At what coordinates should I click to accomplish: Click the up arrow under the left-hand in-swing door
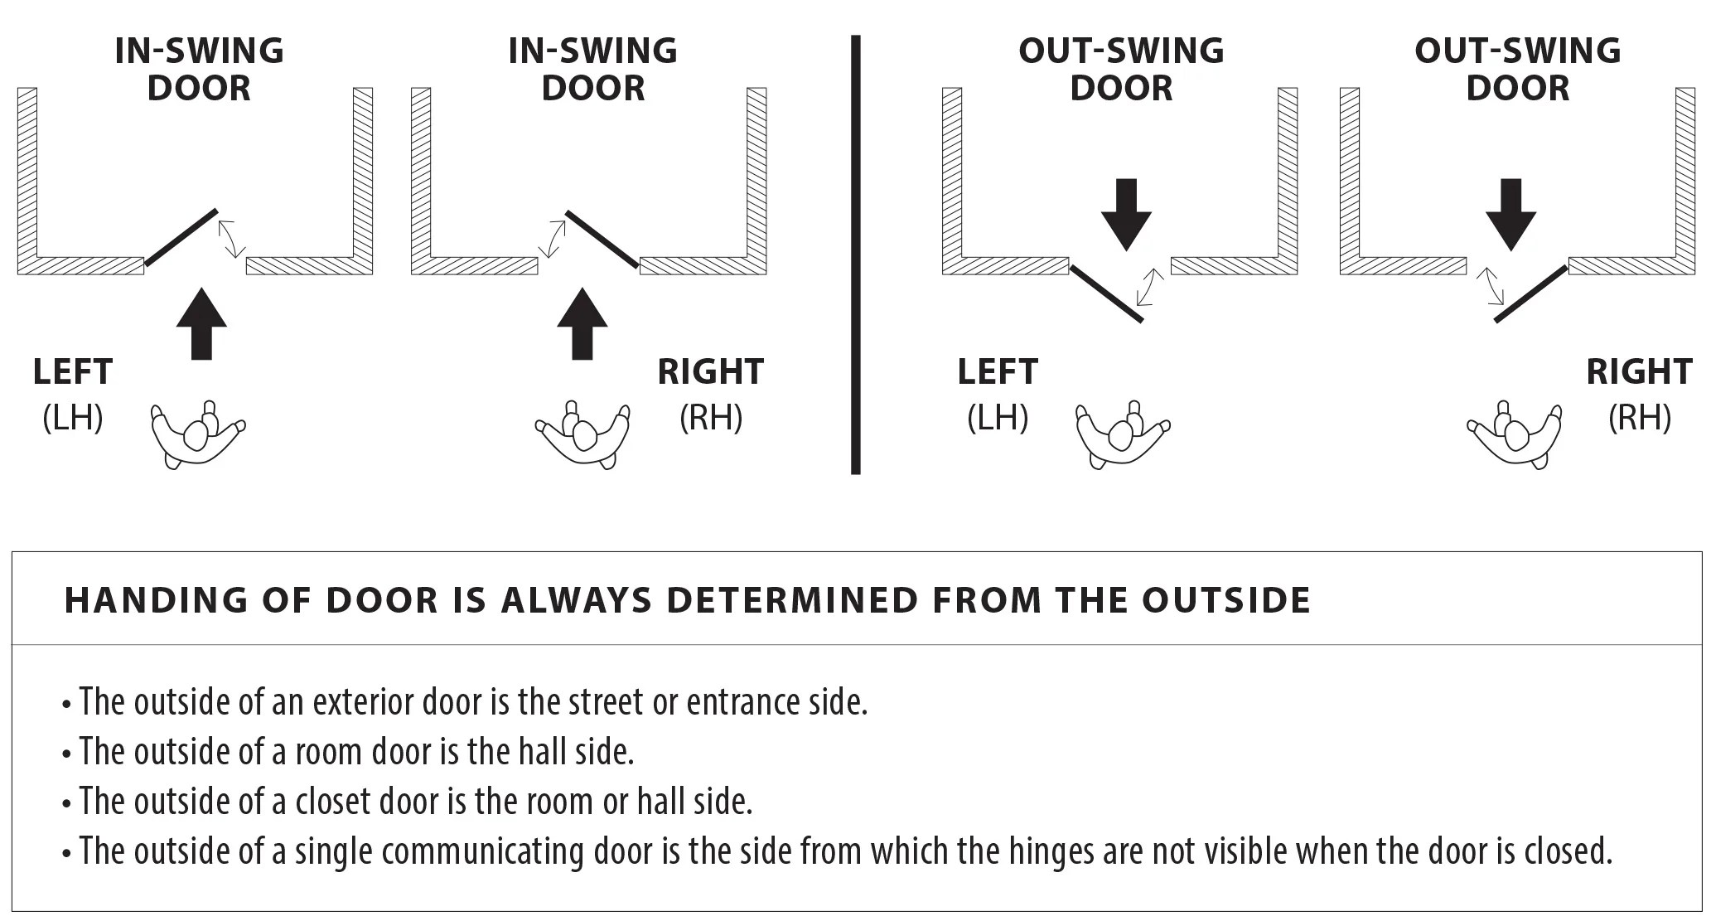click(x=201, y=324)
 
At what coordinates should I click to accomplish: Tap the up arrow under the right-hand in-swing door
click(x=582, y=324)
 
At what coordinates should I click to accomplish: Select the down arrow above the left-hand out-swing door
click(x=1126, y=215)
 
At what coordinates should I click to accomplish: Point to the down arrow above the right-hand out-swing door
click(x=1511, y=215)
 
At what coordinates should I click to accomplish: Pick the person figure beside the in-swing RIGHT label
click(x=582, y=435)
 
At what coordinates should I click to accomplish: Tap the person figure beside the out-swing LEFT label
click(x=1124, y=435)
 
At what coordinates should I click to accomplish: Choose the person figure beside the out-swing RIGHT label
click(x=1515, y=435)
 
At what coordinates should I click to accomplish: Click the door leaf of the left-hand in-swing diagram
click(x=181, y=238)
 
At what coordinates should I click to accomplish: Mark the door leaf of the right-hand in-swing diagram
click(x=602, y=240)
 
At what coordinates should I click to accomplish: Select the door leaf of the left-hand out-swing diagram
click(x=1107, y=293)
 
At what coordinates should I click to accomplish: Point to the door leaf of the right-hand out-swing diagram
click(x=1531, y=293)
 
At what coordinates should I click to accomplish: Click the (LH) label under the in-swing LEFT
click(x=73, y=417)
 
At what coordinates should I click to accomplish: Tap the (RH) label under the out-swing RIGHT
click(x=1640, y=417)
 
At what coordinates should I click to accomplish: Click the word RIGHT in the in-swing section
click(x=711, y=372)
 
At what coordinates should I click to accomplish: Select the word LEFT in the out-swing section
click(x=998, y=372)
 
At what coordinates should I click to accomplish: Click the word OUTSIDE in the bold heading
click(x=1226, y=600)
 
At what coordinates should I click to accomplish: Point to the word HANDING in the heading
click(x=156, y=600)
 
